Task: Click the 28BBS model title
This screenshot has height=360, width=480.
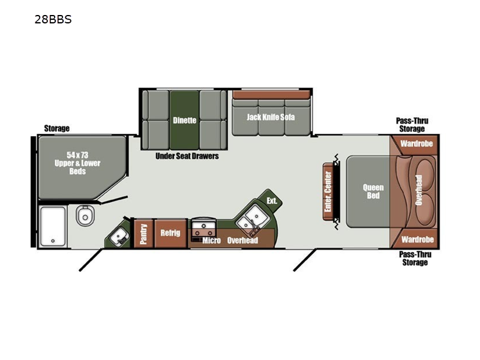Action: tap(53, 19)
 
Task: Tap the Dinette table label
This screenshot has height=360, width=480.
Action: tap(184, 121)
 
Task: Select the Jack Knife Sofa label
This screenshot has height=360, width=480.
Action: tap(271, 117)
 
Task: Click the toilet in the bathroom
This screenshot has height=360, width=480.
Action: tap(85, 215)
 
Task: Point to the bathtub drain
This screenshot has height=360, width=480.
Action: tap(53, 241)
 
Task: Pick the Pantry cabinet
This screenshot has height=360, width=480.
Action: tap(143, 233)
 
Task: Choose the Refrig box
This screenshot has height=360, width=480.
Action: tap(170, 233)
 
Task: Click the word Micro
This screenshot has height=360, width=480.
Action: tap(211, 241)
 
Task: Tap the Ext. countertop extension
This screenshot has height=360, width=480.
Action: tap(271, 200)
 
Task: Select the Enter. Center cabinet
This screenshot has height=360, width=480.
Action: tap(328, 191)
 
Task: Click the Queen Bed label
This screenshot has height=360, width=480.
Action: tap(373, 191)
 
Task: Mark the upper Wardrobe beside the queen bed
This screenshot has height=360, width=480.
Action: tap(416, 144)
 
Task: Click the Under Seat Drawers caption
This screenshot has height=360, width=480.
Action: tap(187, 156)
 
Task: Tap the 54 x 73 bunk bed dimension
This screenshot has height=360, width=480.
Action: tap(77, 155)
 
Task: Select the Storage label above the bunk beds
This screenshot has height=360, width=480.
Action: tap(56, 128)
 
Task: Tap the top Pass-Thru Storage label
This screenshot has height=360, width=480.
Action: tap(412, 125)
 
